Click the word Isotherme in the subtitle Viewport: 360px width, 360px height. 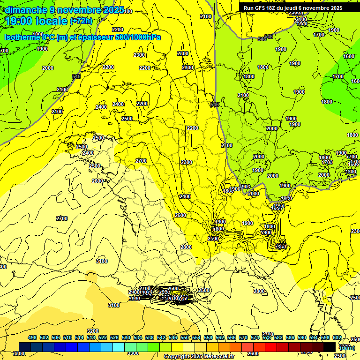point(22,37)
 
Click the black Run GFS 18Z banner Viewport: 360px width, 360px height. point(293,8)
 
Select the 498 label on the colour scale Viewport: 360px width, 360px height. point(32,337)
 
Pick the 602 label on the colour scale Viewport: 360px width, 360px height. point(337,337)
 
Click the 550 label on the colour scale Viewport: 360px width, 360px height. point(185,337)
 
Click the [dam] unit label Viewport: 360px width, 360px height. point(347,347)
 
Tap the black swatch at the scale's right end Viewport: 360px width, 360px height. point(330,347)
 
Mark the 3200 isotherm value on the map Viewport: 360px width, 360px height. point(93,331)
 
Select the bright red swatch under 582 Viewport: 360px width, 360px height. point(271,347)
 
